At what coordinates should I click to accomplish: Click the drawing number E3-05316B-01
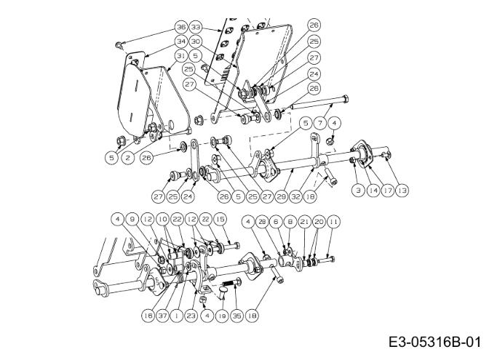point(434,343)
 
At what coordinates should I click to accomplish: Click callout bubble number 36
point(181,27)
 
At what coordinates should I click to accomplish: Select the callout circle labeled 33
point(196,27)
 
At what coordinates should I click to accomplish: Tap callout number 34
point(181,41)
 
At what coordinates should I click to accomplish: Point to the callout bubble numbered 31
point(181,56)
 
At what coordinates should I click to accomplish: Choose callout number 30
point(196,41)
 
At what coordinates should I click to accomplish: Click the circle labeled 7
point(320,123)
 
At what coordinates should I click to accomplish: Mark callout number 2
point(128,158)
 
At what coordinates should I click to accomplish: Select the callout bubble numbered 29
point(282,196)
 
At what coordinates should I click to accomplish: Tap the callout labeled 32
point(296,196)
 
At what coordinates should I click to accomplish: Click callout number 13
point(402,190)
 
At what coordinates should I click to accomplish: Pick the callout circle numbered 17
point(387,190)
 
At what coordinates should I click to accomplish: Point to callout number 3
point(358,190)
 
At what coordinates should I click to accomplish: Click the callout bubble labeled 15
point(220,219)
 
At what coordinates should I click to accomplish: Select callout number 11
point(333,222)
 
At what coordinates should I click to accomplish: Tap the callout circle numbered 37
point(162,316)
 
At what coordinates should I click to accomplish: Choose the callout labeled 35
point(237,316)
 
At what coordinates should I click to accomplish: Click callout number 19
point(222,316)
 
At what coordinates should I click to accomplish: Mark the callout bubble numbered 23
point(191,316)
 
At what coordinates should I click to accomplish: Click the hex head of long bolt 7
point(345,100)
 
